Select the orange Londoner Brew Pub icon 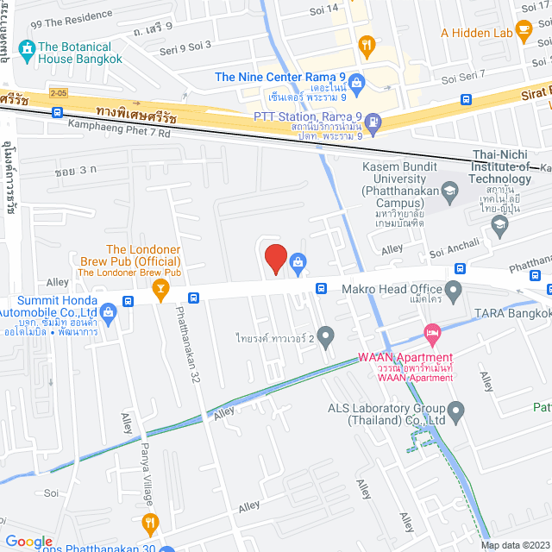160,288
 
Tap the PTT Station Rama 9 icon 373,123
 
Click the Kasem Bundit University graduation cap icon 449,189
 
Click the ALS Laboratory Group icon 457,409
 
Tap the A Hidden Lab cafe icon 524,32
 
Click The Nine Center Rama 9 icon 359,82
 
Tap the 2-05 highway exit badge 59,91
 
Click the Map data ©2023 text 514,544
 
